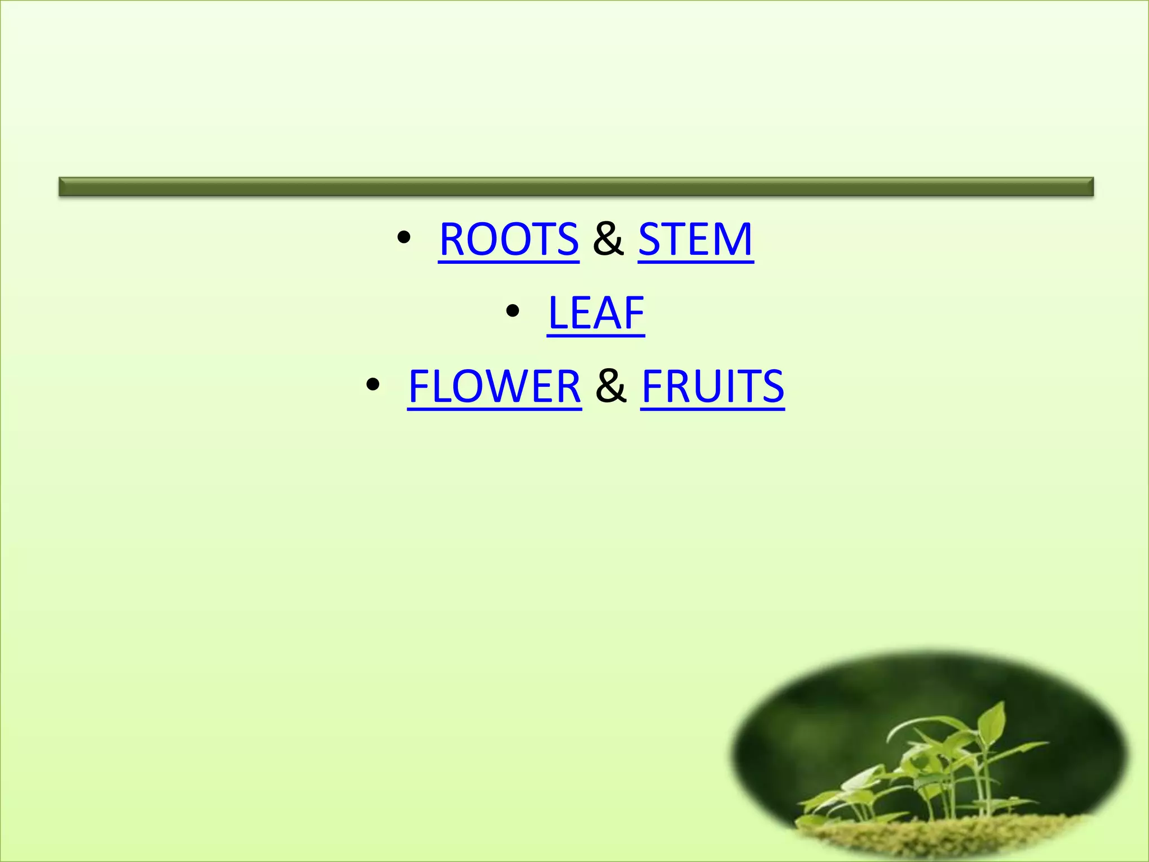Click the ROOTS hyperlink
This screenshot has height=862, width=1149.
(508, 240)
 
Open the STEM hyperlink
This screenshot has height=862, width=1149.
(695, 240)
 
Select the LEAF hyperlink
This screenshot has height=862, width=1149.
(596, 313)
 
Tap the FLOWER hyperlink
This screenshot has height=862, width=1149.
(494, 387)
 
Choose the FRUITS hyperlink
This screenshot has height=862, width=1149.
(712, 387)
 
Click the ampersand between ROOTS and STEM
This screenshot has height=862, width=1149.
(608, 240)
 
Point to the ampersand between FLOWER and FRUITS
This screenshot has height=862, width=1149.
(611, 387)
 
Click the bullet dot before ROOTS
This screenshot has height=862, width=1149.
(403, 238)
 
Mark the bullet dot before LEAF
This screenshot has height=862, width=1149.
(512, 311)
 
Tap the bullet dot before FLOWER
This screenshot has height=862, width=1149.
(373, 385)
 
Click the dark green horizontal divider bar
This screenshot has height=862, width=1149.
(576, 186)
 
